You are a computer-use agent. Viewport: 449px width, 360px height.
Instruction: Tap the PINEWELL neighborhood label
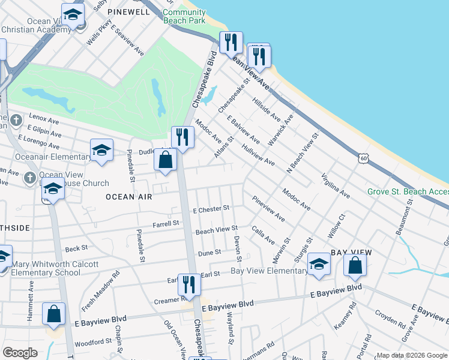click(127, 12)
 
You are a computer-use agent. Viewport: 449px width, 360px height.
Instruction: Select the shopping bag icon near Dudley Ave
click(166, 160)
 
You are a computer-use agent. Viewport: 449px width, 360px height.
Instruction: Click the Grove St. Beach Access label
click(408, 192)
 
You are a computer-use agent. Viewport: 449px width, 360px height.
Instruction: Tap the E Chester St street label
click(211, 209)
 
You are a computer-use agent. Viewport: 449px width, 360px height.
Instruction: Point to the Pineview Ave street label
click(268, 208)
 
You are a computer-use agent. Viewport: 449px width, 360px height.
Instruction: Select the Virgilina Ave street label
click(336, 186)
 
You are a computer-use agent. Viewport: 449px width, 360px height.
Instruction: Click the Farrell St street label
click(166, 223)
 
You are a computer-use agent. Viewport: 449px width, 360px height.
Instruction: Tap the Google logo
click(20, 352)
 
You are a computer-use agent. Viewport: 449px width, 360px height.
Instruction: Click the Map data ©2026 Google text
click(411, 355)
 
